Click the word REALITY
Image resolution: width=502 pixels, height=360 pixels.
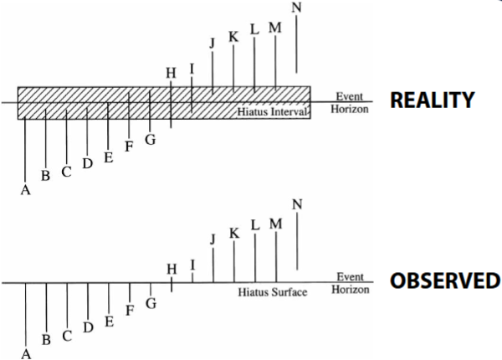(432, 100)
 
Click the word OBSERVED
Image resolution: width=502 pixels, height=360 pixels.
(444, 280)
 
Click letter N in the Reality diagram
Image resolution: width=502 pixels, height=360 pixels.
(296, 8)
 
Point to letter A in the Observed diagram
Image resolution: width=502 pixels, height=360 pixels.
(26, 353)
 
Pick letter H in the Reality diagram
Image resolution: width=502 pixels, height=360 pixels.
(171, 73)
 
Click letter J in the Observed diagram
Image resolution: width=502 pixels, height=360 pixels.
(213, 239)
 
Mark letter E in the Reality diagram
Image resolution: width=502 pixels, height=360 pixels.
(108, 157)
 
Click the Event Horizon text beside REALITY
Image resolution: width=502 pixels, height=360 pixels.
(349, 103)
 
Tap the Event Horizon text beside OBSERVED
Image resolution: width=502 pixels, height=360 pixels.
(349, 283)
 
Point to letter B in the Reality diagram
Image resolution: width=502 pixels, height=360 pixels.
(46, 175)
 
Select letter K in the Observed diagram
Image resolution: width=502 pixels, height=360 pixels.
(234, 232)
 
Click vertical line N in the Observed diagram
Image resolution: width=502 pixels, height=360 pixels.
(297, 247)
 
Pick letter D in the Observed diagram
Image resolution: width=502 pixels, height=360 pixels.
(88, 327)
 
